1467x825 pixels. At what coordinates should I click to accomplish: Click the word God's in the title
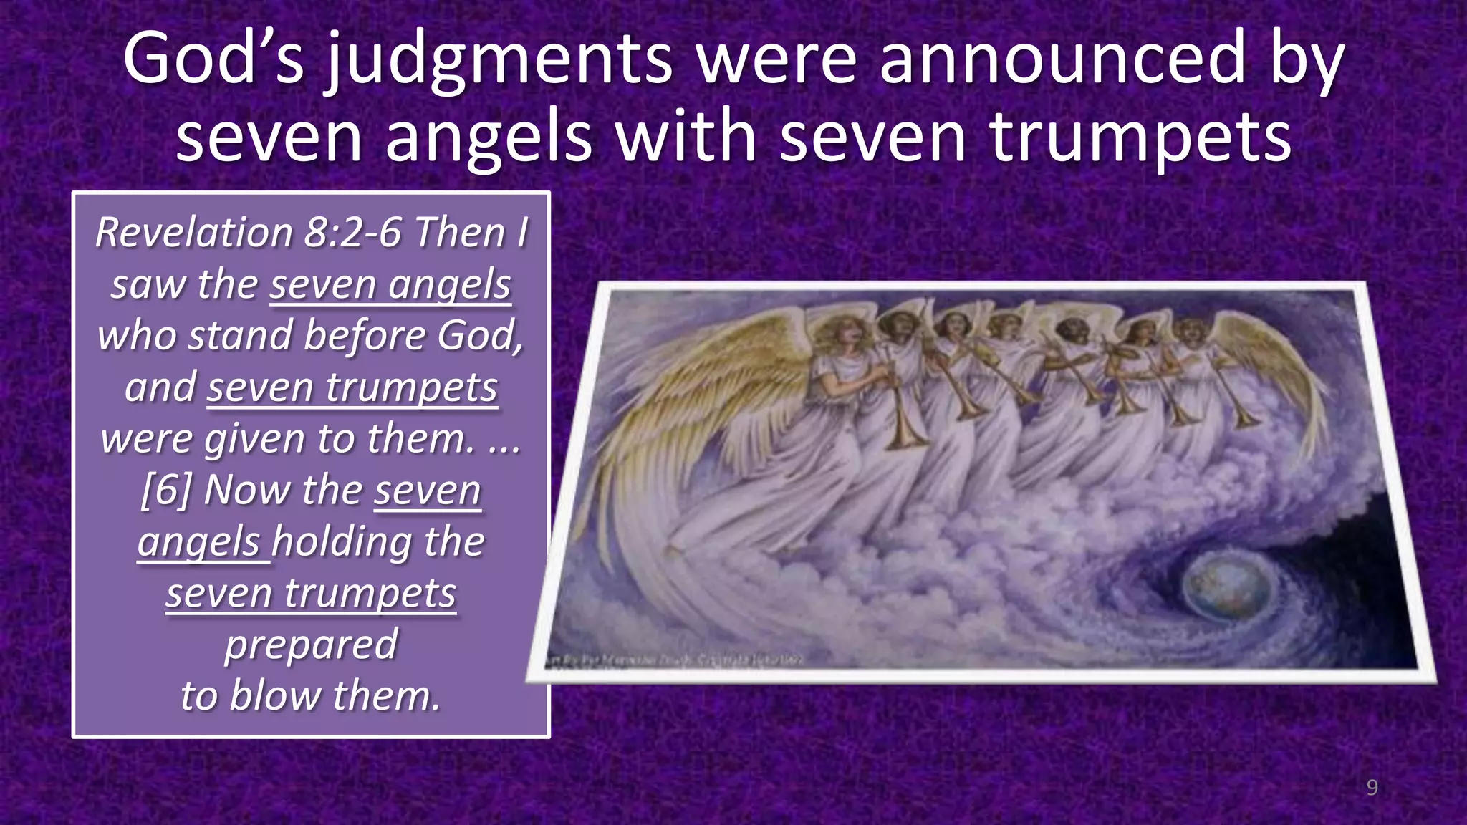click(213, 59)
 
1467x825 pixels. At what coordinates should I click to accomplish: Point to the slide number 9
click(1372, 788)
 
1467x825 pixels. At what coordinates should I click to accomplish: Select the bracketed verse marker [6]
click(165, 491)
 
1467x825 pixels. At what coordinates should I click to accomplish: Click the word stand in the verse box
click(241, 335)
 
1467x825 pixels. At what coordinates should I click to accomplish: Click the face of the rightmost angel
click(1189, 332)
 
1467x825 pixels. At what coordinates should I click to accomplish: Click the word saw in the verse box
click(147, 284)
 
